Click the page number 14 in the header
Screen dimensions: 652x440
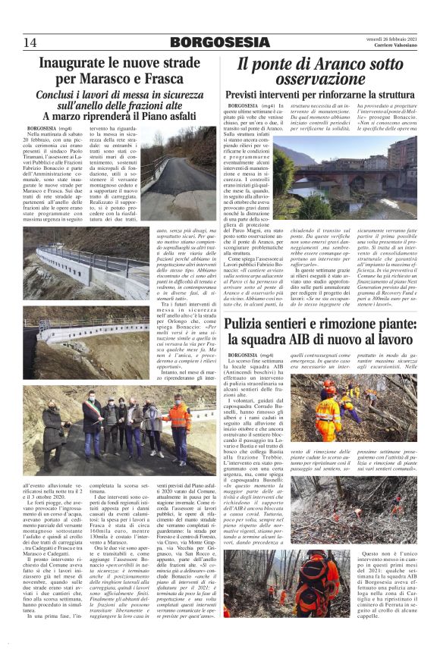30,42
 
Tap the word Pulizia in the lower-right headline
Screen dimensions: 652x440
253,323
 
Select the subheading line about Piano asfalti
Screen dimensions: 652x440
113,116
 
